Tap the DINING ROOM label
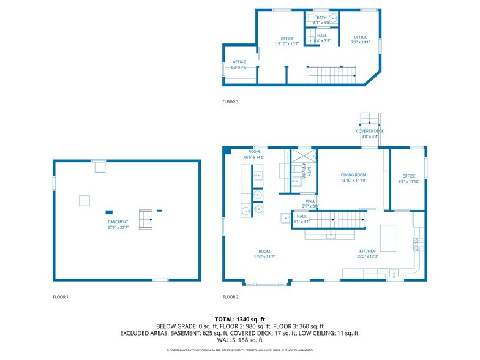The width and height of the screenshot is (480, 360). click(x=353, y=178)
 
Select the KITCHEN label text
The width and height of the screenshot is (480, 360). click(x=368, y=253)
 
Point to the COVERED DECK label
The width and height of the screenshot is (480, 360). click(x=370, y=133)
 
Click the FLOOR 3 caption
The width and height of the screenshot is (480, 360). click(x=231, y=102)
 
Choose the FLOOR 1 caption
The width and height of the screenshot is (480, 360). click(x=61, y=297)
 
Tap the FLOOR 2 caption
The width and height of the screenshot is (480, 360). click(x=231, y=297)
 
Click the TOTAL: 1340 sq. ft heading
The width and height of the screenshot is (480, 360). click(x=239, y=319)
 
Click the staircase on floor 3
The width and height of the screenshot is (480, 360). click(x=331, y=76)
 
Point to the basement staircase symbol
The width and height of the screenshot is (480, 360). click(x=146, y=219)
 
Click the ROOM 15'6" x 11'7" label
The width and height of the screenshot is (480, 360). click(x=264, y=254)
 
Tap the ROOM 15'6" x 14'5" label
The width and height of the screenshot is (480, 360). click(x=254, y=154)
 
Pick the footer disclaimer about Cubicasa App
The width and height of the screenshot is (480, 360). click(x=239, y=350)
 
